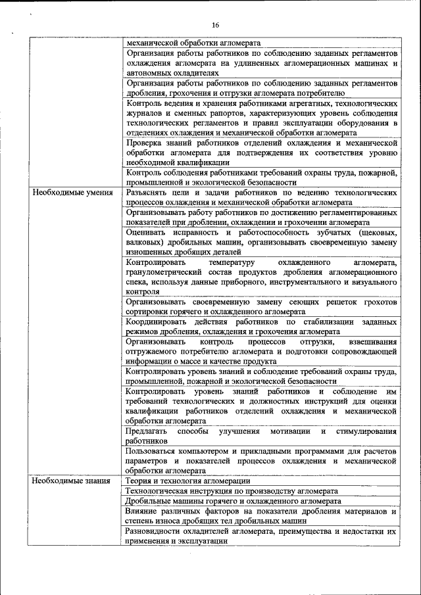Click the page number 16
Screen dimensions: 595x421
[x=215, y=24]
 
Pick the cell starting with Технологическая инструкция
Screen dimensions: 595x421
[x=232, y=490]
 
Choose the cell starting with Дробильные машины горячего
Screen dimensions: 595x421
[x=234, y=500]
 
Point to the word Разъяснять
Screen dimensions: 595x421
[x=149, y=193]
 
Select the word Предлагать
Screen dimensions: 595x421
[x=147, y=431]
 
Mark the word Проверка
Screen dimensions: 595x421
[x=146, y=142]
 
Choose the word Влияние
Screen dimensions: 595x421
[x=145, y=510]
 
